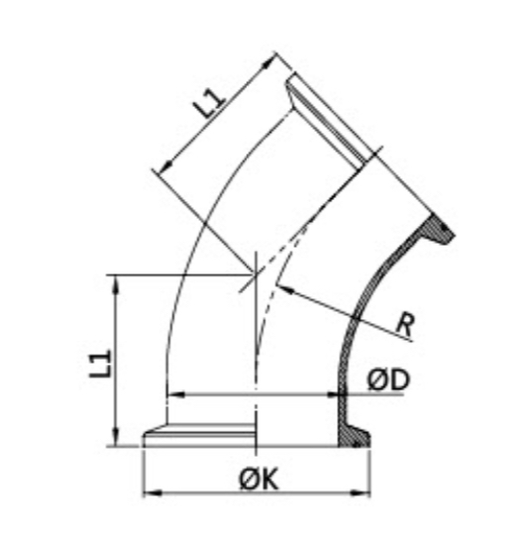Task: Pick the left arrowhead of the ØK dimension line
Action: [150, 492]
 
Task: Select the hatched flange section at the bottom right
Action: [356, 433]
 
